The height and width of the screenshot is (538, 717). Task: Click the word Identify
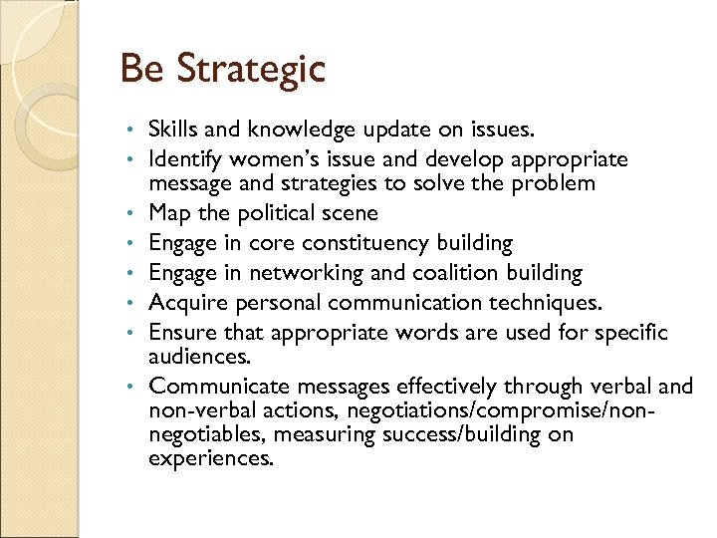186,159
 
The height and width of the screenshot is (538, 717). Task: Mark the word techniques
553,303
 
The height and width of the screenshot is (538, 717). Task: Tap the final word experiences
209,459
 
